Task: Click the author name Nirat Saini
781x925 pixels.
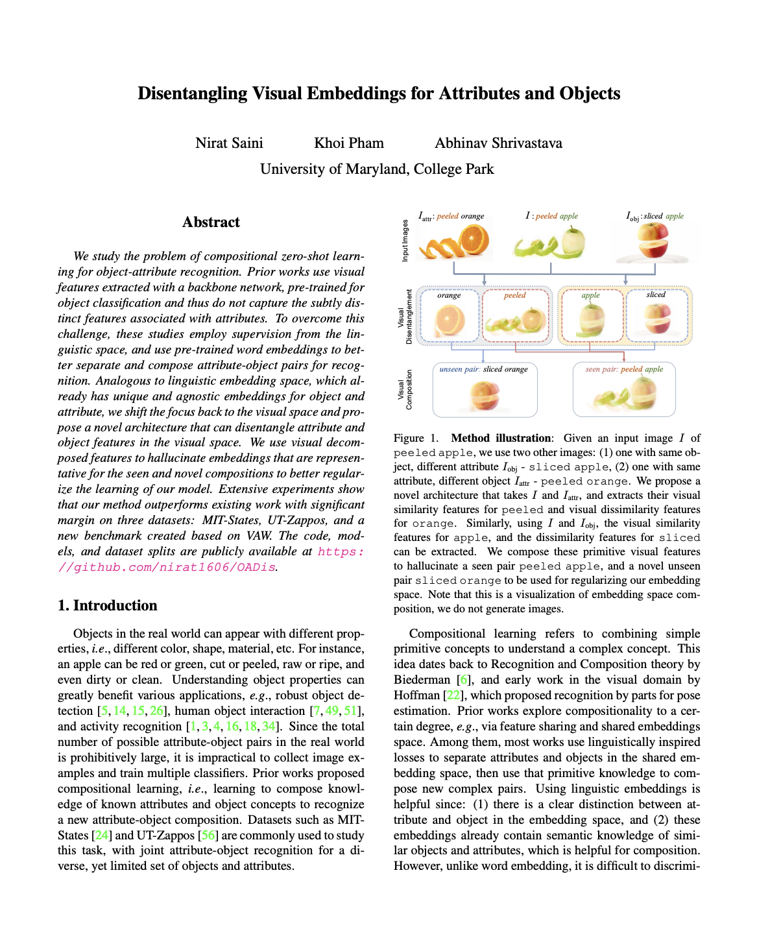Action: click(229, 143)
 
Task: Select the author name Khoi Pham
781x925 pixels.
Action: click(349, 143)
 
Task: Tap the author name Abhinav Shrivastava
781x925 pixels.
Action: click(498, 143)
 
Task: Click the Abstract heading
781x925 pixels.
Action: click(211, 222)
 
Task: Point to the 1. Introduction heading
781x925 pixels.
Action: click(108, 605)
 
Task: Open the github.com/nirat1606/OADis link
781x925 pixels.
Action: click(211, 560)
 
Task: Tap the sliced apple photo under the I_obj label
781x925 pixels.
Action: click(653, 241)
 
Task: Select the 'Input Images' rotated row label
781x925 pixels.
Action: click(405, 241)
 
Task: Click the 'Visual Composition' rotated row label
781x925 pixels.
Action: click(405, 390)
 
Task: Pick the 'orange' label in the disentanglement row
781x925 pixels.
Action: click(449, 295)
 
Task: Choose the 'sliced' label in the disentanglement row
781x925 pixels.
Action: click(656, 294)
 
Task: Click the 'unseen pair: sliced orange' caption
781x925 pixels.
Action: click(483, 369)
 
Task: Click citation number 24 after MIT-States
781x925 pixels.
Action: click(102, 835)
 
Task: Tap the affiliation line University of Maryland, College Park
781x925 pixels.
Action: click(377, 169)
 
